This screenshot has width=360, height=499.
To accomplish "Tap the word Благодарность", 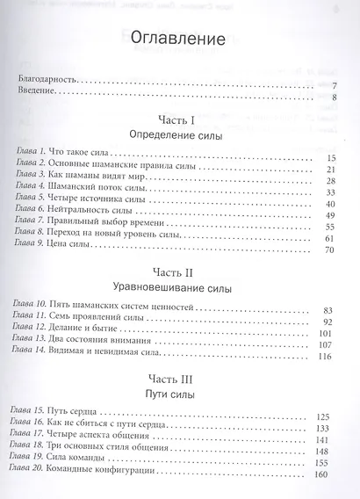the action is (47, 79).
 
